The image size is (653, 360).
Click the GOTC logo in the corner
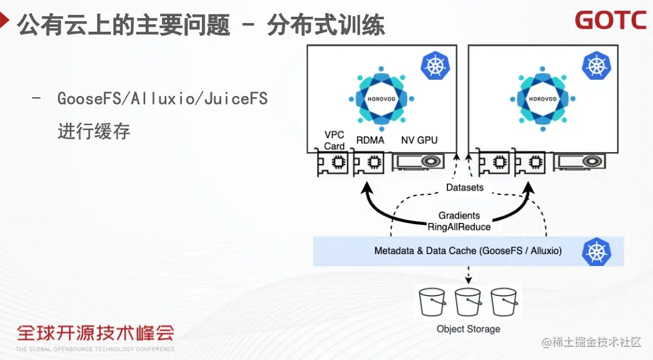610,20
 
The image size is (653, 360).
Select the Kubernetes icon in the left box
435,65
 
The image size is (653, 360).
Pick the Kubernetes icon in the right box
596,65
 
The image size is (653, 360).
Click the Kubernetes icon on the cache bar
596,251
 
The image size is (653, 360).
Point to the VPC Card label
335,140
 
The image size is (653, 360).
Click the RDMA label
370,140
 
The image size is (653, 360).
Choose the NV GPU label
419,140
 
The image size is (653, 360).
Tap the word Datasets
464,187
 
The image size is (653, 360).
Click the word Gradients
459,216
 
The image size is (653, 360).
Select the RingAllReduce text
459,227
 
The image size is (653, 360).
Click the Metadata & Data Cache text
467,251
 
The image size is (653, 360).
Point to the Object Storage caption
468,329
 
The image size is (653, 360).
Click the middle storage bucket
469,302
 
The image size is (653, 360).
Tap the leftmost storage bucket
432,302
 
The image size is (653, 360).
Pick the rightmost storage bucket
505,302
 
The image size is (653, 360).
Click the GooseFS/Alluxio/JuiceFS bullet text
163,98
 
